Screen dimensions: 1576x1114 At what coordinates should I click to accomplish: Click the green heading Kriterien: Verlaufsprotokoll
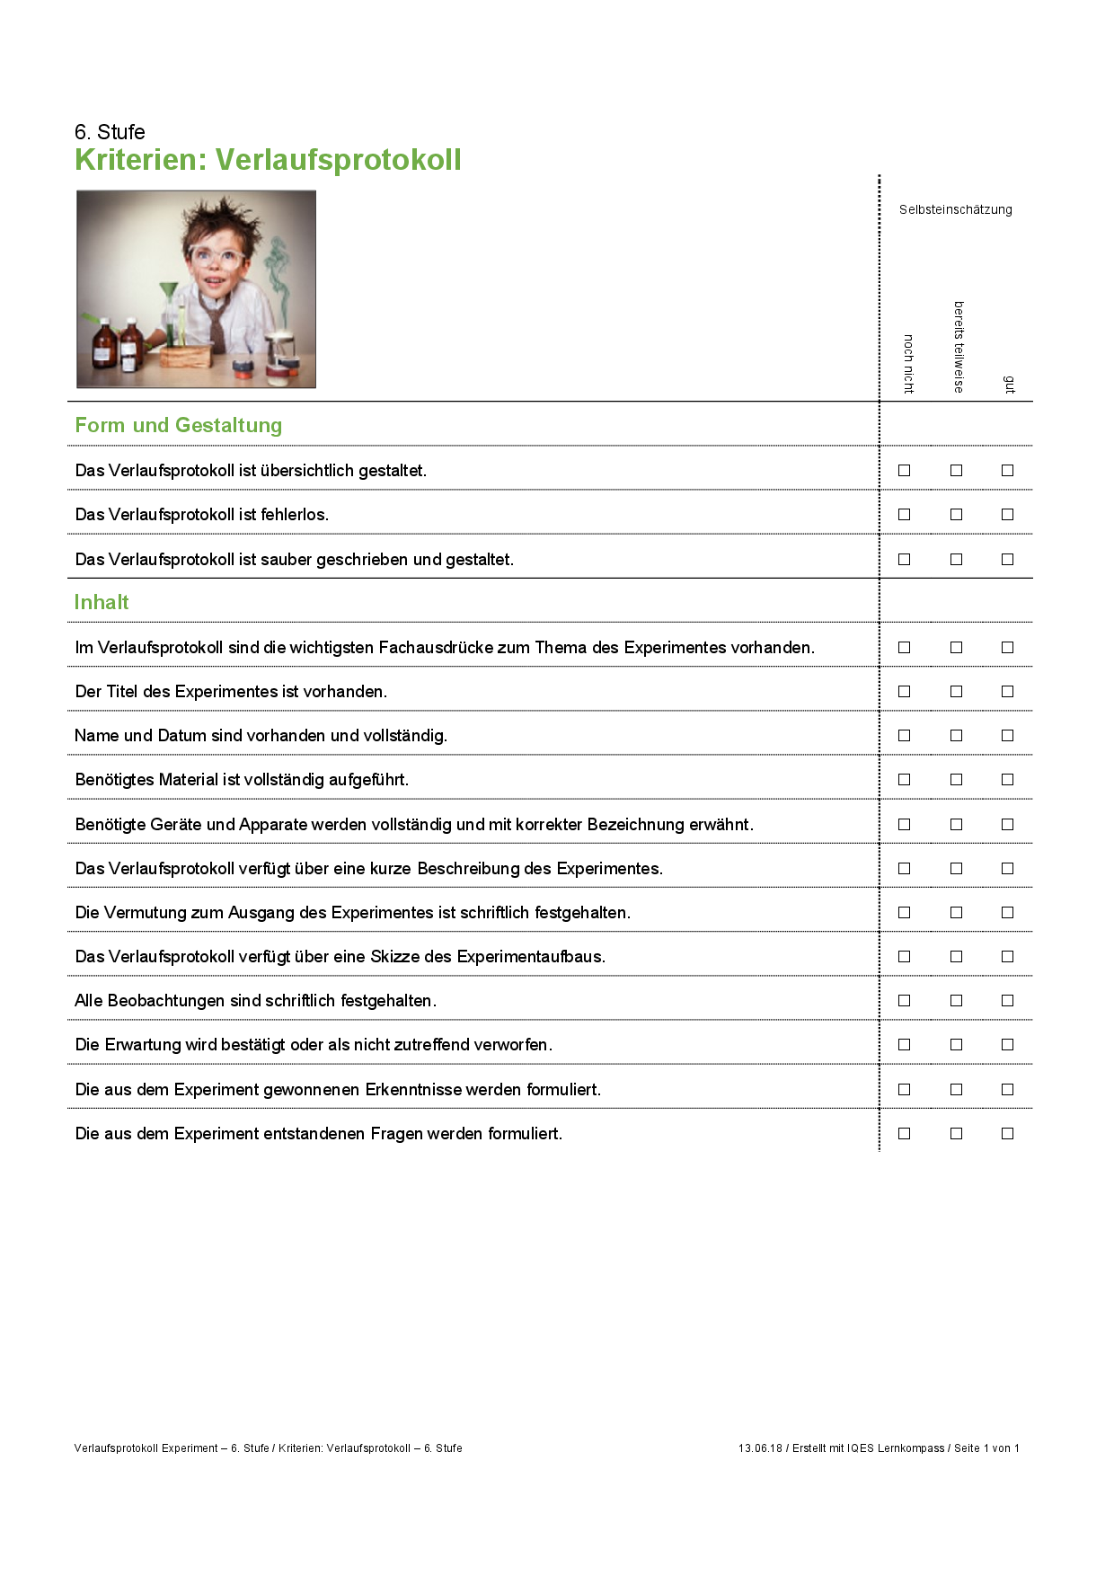(268, 160)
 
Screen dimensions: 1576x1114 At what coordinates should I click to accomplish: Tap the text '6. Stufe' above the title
(110, 132)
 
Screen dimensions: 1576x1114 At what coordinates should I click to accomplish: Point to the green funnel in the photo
(169, 293)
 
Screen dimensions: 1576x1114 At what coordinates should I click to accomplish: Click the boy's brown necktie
(217, 323)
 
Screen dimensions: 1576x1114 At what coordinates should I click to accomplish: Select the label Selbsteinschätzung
(955, 209)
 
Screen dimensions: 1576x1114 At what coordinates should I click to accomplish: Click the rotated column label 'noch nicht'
(908, 363)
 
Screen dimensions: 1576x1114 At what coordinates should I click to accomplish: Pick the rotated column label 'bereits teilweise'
(959, 347)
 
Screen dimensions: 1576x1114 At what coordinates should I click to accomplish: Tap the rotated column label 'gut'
(1009, 385)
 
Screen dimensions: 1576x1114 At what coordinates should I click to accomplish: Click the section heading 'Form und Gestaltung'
(178, 425)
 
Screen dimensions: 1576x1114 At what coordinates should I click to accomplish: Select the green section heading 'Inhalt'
(102, 602)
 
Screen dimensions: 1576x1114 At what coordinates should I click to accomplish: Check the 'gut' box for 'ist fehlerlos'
(1007, 515)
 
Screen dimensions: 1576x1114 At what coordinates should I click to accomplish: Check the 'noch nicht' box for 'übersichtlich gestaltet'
(904, 470)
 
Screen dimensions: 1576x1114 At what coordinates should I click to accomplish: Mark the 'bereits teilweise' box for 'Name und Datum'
(956, 735)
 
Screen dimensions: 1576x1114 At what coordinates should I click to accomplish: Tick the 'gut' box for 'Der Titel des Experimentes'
(1007, 691)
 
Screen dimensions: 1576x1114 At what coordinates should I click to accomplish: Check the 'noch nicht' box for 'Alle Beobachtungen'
(904, 1000)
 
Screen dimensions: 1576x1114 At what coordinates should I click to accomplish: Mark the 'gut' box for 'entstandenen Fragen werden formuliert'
(1007, 1133)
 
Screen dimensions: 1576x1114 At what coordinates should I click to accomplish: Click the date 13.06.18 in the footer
(760, 1448)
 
